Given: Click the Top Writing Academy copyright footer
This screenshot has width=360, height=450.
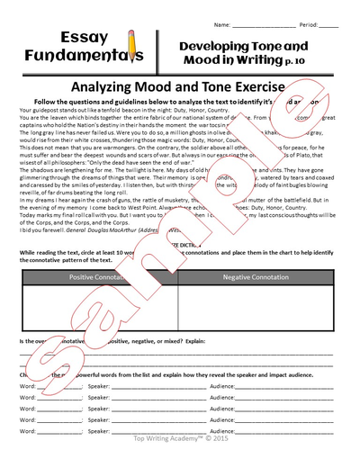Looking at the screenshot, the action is pyautogui.click(x=180, y=442).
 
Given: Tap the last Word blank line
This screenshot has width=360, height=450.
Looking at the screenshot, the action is pyautogui.click(x=58, y=423).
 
